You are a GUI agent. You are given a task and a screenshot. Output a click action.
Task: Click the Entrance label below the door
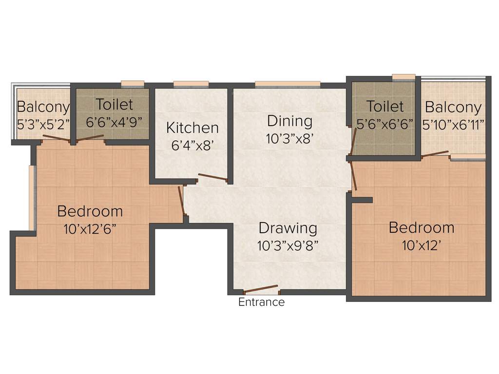point(261,302)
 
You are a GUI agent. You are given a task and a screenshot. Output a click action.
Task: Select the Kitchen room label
point(192,128)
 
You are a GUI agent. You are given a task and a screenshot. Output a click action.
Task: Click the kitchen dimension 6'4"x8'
point(192,146)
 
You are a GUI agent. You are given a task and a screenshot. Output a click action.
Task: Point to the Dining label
point(289,120)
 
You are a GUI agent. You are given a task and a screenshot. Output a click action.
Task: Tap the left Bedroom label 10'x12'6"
point(90,229)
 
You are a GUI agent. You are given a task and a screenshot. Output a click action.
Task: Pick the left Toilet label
point(114,104)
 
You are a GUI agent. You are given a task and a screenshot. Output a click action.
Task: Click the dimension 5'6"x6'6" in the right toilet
point(385,124)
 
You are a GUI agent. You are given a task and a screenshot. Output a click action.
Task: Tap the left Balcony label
point(43,107)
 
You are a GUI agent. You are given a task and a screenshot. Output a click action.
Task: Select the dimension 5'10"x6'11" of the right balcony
point(453,125)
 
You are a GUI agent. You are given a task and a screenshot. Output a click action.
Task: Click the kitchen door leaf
point(213,178)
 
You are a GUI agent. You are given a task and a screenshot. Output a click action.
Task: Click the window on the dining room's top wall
point(288,84)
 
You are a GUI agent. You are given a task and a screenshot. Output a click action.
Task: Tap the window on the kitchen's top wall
point(191,84)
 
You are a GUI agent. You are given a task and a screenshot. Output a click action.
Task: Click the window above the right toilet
point(403,76)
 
